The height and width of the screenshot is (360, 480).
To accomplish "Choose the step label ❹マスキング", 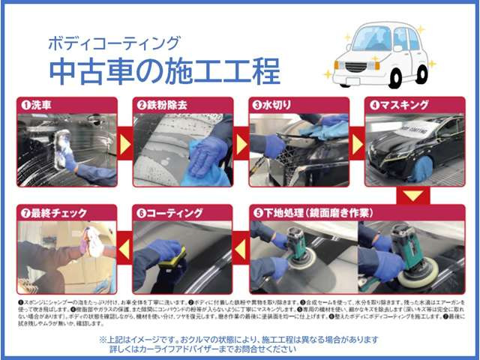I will coord(397,105).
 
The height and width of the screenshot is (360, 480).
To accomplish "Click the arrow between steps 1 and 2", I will coord(124,142).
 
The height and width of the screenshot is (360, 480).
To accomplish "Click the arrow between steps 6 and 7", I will coord(124,248).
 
